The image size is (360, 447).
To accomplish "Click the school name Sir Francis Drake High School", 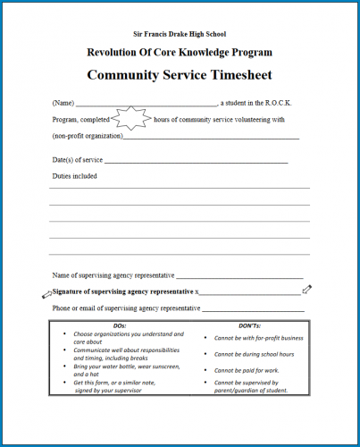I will pyautogui.click(x=179, y=32).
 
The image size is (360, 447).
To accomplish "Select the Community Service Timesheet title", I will pyautogui.click(x=179, y=75).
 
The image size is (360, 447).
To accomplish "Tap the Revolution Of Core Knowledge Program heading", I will pyautogui.click(x=179, y=53).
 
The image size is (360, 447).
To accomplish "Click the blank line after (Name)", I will pyautogui.click(x=147, y=103).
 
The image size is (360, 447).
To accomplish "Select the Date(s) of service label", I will pyautogui.click(x=78, y=160).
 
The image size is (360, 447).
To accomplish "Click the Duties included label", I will pyautogui.click(x=75, y=176).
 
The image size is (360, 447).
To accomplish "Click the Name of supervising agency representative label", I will pyautogui.click(x=113, y=275).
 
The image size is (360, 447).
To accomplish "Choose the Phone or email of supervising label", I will pyautogui.click(x=126, y=308).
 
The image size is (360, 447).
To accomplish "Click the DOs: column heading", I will pyautogui.click(x=121, y=326).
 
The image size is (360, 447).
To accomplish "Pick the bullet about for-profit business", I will pyautogui.click(x=258, y=339).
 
